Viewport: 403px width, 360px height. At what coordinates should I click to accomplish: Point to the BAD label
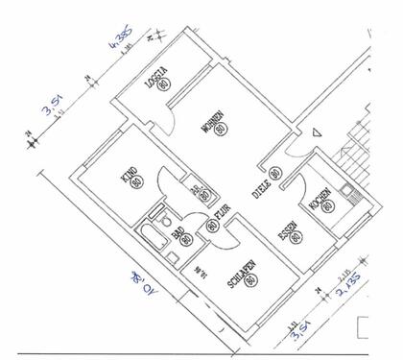[x=178, y=232]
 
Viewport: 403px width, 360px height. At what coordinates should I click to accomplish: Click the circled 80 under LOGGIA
[x=165, y=84]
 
